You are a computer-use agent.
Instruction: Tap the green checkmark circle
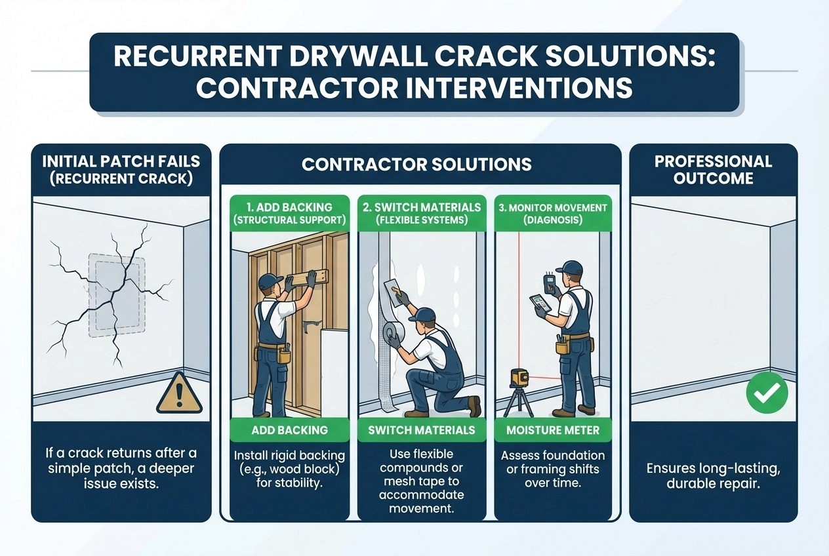(x=767, y=393)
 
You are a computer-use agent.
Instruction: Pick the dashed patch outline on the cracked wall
(x=117, y=295)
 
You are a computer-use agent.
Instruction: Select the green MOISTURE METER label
(x=553, y=430)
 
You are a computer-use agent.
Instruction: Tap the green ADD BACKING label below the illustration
(x=290, y=430)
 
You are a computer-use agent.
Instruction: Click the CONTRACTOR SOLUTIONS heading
(x=416, y=165)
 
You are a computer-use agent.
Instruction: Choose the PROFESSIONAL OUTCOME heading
(x=713, y=170)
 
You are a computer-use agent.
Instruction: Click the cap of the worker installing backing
(x=266, y=282)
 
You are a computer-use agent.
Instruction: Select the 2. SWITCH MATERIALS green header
(x=422, y=214)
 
